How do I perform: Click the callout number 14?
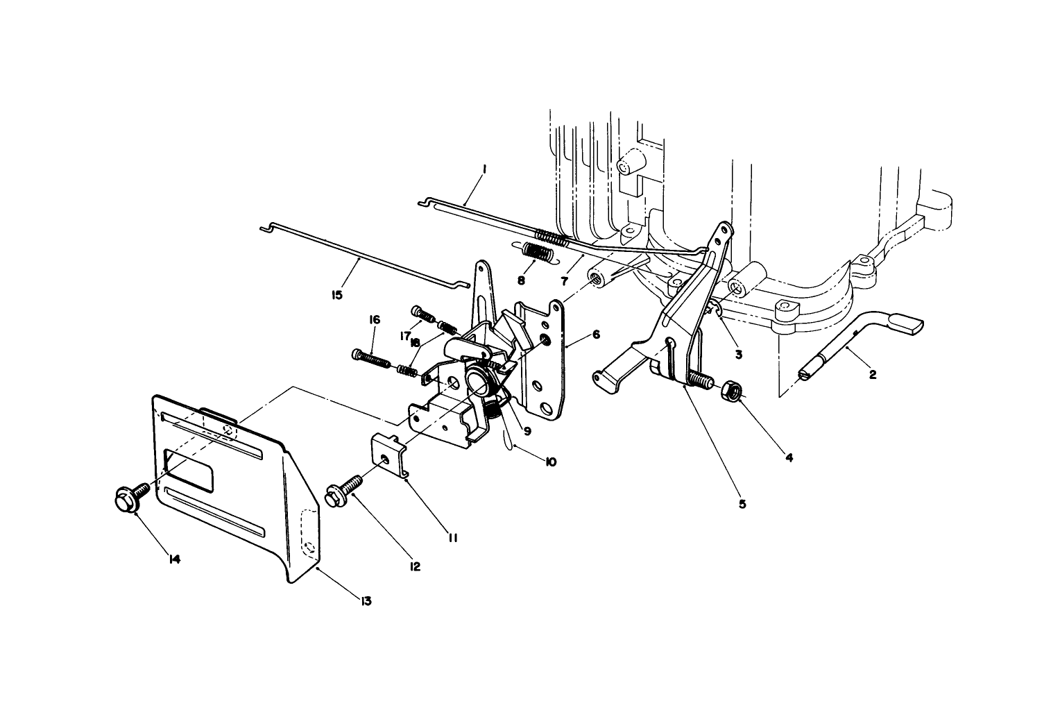coord(174,559)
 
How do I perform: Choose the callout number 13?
coord(366,600)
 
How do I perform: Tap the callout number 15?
coord(337,295)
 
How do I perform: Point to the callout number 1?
coord(484,169)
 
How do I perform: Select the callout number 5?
coord(742,503)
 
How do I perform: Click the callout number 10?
coord(550,461)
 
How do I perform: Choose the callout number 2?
coord(872,375)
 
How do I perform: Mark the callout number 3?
coord(738,354)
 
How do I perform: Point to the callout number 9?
coord(527,431)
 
